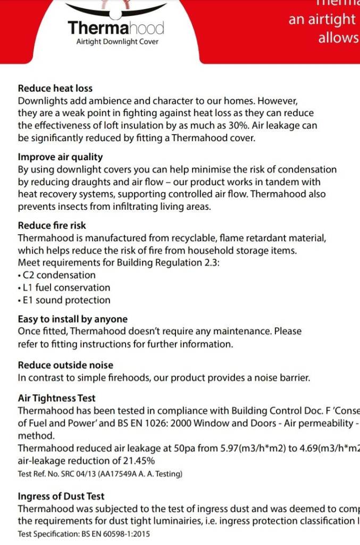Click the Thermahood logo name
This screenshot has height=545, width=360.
coord(116,28)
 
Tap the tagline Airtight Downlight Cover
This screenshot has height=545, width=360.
coord(117,42)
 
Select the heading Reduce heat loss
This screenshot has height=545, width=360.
coord(55,88)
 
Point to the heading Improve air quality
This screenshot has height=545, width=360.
coord(61,157)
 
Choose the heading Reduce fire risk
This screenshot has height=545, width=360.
coord(52,226)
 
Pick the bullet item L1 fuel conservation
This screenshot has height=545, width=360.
coord(66,287)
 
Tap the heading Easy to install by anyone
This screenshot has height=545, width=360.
coord(73,319)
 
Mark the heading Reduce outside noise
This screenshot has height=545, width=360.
coord(65,365)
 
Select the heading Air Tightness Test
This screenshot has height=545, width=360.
coord(57,398)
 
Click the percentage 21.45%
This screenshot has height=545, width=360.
coord(137,460)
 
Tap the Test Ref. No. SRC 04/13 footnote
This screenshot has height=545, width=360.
coord(100,474)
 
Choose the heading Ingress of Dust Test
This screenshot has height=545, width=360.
coord(61,497)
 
